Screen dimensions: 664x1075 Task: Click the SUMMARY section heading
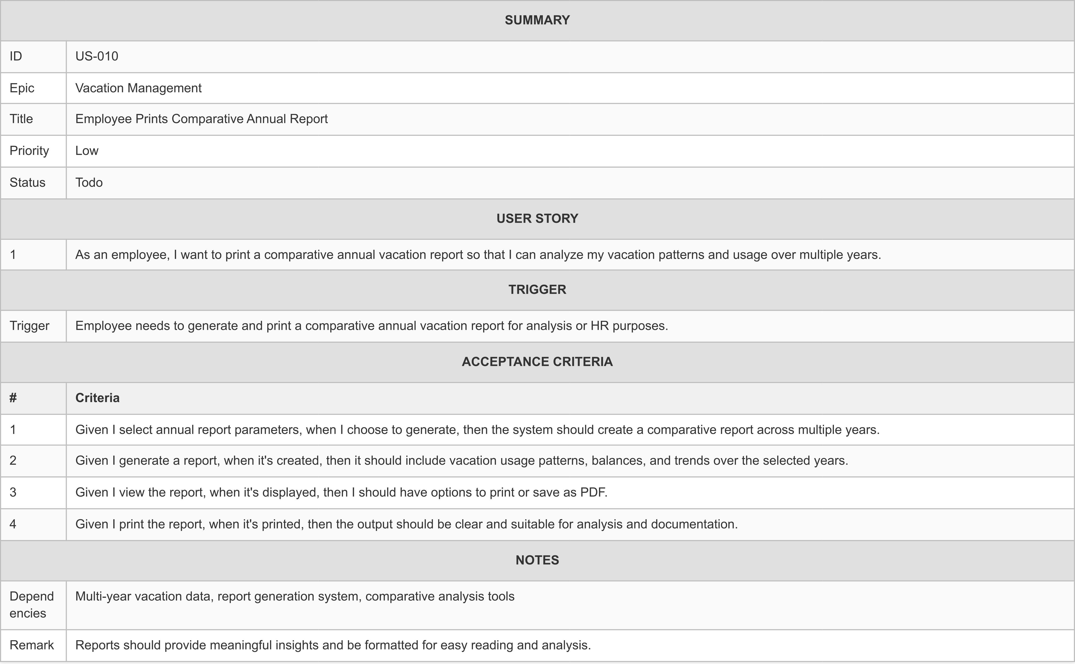pyautogui.click(x=537, y=20)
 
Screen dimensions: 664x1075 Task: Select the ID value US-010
pyautogui.click(x=97, y=56)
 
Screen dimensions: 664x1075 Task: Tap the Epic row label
pyautogui.click(x=22, y=88)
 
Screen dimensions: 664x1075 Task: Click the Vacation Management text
pyautogui.click(x=138, y=88)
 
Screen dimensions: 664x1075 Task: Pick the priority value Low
pyautogui.click(x=87, y=151)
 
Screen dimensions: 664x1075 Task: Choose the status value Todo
pyautogui.click(x=89, y=182)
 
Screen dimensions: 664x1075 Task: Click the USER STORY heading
pyautogui.click(x=537, y=218)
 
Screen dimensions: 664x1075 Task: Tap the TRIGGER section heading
pyautogui.click(x=537, y=289)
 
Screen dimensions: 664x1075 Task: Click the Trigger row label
pyautogui.click(x=29, y=326)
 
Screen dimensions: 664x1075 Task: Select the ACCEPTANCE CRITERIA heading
pyautogui.click(x=537, y=361)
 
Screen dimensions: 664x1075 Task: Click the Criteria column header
pyautogui.click(x=98, y=398)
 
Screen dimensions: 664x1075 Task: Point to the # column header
pyautogui.click(x=13, y=398)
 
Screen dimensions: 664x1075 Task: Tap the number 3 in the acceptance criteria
pyautogui.click(x=13, y=492)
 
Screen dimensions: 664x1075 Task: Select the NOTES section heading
pyautogui.click(x=537, y=560)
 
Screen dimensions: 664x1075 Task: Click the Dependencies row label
pyautogui.click(x=32, y=605)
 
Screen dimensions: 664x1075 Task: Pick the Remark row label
pyautogui.click(x=32, y=645)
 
